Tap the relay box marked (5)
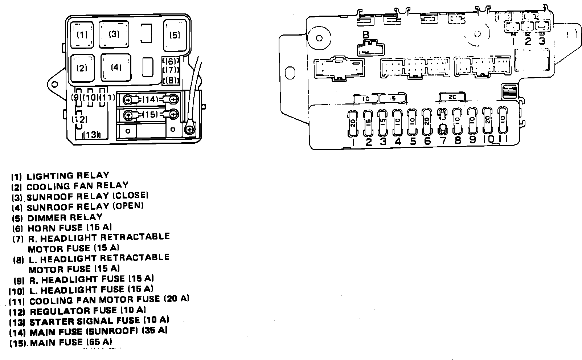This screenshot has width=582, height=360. [175, 35]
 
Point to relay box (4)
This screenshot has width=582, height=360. [116, 67]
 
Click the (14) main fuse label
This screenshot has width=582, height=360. [150, 99]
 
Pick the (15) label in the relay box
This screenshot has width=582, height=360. [150, 115]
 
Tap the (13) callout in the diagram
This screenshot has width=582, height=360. [91, 135]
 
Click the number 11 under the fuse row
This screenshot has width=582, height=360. [503, 139]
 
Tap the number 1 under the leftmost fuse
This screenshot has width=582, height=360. [353, 142]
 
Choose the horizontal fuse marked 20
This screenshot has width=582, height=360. [452, 97]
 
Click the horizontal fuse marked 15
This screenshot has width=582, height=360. [392, 98]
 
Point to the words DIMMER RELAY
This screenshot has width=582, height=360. [65, 217]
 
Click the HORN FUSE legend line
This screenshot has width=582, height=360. [69, 228]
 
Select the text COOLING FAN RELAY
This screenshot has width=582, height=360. [77, 186]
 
